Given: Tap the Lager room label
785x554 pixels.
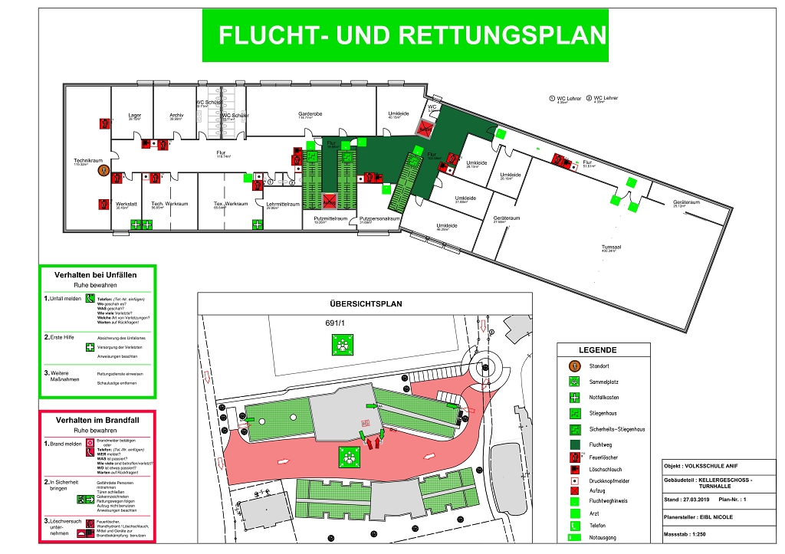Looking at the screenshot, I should tap(135, 115).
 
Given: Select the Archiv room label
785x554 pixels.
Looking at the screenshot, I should tap(176, 115).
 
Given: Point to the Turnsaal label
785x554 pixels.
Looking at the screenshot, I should tap(610, 247).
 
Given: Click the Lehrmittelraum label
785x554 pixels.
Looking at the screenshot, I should tap(283, 204).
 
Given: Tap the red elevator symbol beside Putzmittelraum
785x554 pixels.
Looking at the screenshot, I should tap(329, 202).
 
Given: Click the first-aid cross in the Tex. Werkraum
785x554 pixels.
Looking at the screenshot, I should tap(257, 225).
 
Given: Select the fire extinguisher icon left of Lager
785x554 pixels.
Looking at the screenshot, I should tap(103, 123).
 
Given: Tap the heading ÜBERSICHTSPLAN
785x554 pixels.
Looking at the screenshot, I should tap(365, 303).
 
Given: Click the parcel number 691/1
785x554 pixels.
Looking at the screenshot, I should tap(335, 323).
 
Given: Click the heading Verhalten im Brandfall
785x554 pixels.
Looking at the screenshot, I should tap(96, 421).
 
